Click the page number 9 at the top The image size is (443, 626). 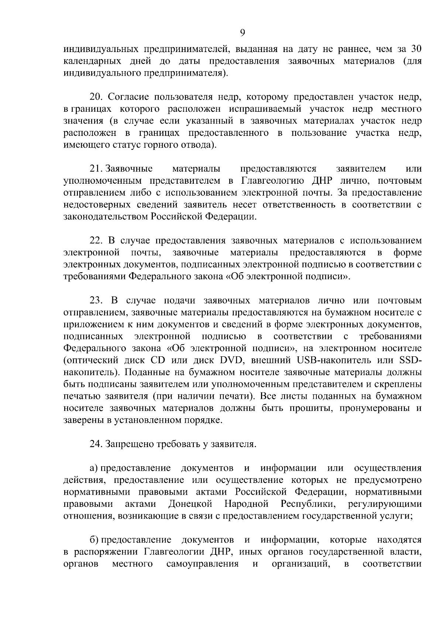point(242,33)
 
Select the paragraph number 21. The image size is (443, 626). point(96,169)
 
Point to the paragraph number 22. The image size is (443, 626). point(97,241)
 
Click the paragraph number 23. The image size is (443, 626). point(97,301)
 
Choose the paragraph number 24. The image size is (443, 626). point(97,444)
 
